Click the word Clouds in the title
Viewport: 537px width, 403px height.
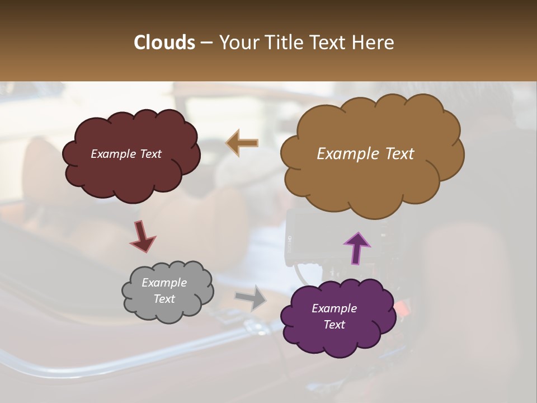(x=164, y=43)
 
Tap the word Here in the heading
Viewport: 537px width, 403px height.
(x=373, y=43)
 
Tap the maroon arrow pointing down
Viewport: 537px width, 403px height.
(x=143, y=236)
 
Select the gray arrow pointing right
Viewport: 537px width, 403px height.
(x=251, y=297)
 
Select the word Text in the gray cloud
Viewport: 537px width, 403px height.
(x=164, y=299)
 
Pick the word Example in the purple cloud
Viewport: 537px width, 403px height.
(x=334, y=308)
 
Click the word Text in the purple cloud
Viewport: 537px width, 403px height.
(x=334, y=325)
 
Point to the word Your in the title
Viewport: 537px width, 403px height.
(x=238, y=43)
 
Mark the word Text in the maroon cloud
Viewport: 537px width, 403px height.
(x=150, y=154)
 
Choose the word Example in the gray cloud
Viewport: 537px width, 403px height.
(x=164, y=283)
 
